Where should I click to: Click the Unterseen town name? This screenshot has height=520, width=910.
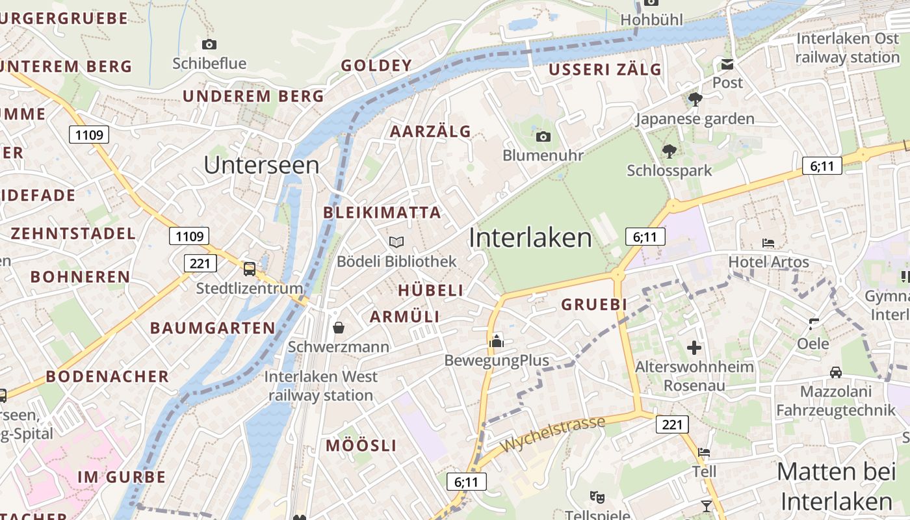(x=261, y=165)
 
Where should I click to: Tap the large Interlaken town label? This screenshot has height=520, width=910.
(x=530, y=238)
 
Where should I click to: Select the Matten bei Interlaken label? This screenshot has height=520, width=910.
(x=836, y=486)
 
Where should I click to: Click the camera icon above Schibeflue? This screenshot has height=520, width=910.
(x=209, y=44)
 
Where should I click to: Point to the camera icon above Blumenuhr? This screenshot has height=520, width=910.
(x=543, y=136)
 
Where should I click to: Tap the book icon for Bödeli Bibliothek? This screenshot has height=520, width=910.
(x=396, y=242)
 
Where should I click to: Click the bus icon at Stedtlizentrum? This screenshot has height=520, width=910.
(x=249, y=268)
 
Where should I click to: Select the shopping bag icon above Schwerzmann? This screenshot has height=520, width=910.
(x=338, y=327)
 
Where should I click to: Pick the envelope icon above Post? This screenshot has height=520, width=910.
(x=727, y=64)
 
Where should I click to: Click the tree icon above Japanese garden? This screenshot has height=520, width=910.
(x=695, y=99)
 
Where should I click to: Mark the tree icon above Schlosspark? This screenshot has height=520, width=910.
(x=669, y=151)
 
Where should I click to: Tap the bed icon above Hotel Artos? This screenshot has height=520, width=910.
(x=768, y=243)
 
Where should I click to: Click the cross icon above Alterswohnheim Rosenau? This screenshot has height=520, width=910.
(x=694, y=347)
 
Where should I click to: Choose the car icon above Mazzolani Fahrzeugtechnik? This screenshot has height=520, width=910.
(x=836, y=372)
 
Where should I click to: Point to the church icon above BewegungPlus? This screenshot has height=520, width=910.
(x=497, y=341)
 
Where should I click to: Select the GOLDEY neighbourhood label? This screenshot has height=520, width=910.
(x=376, y=65)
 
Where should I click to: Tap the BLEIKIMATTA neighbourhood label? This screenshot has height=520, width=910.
(x=382, y=213)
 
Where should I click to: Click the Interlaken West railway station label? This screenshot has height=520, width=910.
(x=320, y=386)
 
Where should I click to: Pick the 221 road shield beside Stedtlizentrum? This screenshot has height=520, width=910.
(x=200, y=263)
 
